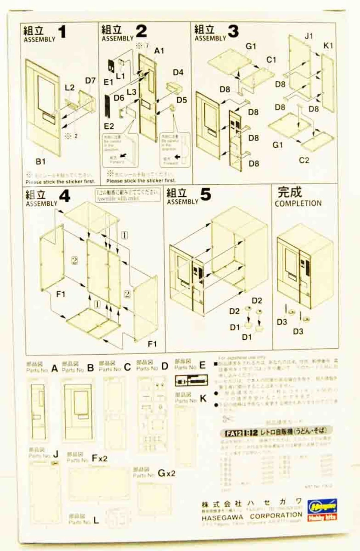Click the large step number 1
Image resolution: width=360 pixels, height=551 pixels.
[x=63, y=32]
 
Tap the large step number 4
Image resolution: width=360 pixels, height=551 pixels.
[x=65, y=196]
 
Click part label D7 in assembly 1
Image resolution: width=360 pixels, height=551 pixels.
[x=90, y=80]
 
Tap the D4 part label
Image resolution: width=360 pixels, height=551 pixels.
[x=178, y=72]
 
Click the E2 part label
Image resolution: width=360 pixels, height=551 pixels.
[x=108, y=126]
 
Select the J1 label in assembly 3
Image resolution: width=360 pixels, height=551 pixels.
[x=308, y=37]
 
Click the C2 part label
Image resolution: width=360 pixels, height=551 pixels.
[x=304, y=161]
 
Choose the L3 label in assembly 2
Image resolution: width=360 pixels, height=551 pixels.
[x=132, y=92]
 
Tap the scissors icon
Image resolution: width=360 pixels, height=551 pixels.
[x=227, y=419]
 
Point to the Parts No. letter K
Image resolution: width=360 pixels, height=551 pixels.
[x=203, y=399]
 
